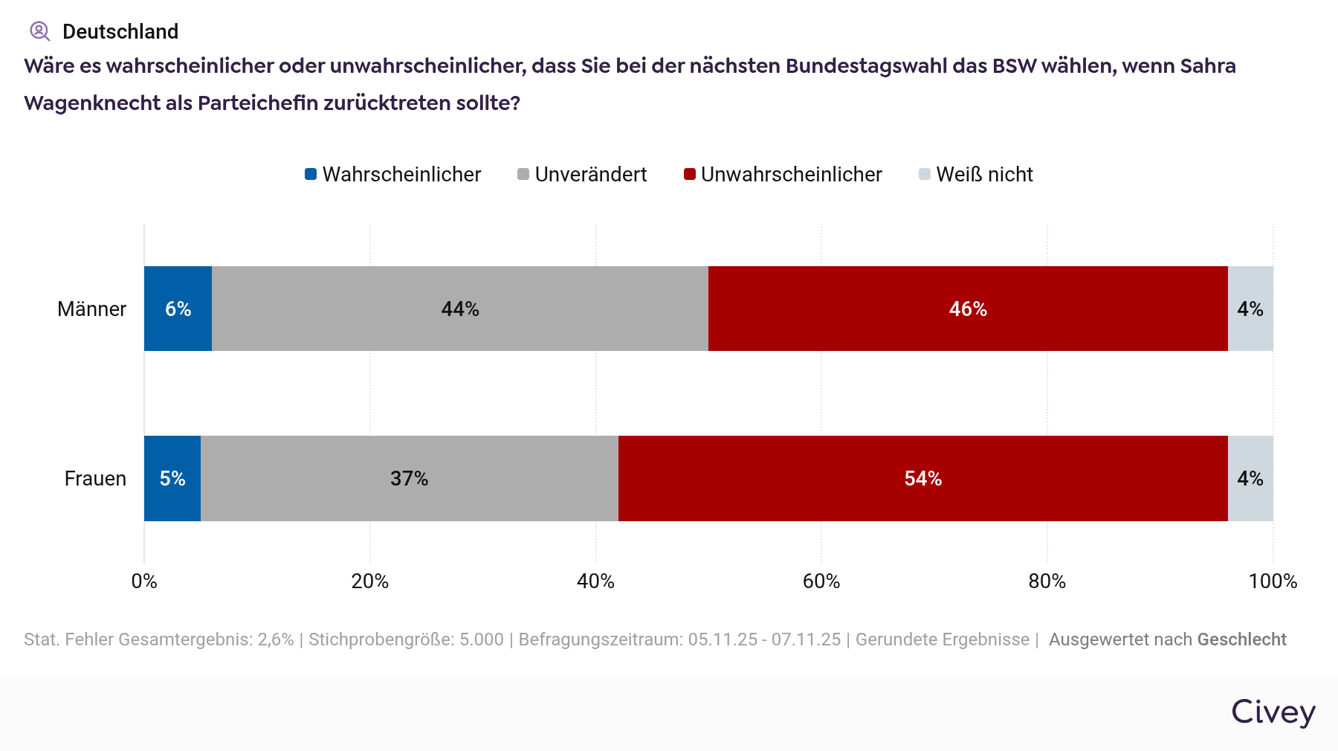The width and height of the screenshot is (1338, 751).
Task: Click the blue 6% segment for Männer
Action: [178, 309]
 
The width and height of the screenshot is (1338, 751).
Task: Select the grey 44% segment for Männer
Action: [459, 309]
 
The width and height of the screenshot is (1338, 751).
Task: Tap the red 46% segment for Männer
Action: [968, 309]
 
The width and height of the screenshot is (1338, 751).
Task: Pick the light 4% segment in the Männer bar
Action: [1250, 309]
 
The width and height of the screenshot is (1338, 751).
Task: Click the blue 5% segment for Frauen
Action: [172, 478]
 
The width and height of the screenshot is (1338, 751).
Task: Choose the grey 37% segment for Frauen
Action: [409, 478]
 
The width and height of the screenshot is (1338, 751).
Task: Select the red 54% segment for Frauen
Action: [922, 478]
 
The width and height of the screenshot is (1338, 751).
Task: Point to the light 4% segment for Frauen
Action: [1250, 478]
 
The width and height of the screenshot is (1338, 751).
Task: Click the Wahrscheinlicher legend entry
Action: [393, 174]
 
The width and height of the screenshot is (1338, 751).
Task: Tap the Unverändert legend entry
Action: [582, 174]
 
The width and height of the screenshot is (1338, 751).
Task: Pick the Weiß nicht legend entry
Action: [976, 174]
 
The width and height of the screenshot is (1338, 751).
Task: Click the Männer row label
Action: [91, 309]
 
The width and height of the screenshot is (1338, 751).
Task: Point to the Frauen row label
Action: [95, 478]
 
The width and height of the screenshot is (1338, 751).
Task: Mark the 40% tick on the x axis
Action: [595, 581]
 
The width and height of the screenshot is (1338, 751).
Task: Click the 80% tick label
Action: [1047, 581]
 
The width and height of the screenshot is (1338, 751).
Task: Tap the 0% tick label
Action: [144, 581]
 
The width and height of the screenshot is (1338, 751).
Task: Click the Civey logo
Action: [1273, 712]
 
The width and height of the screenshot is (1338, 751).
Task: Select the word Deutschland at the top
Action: [120, 31]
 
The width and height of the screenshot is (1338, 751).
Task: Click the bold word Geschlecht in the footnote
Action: [1241, 639]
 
